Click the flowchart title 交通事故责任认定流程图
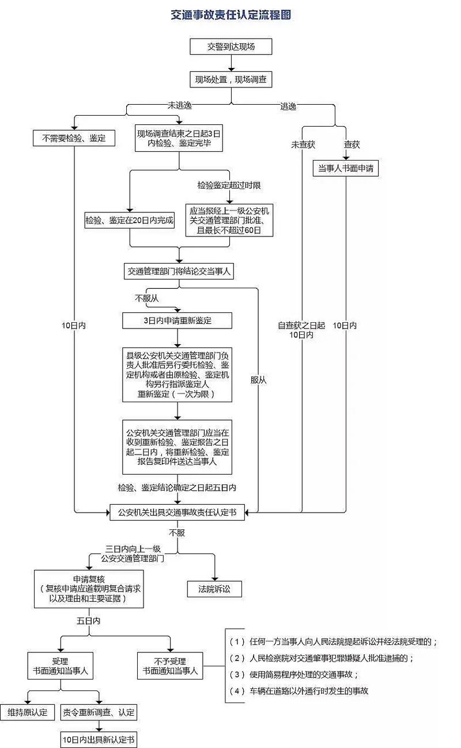(x=231, y=15)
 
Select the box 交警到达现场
(x=231, y=47)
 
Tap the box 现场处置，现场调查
(x=231, y=79)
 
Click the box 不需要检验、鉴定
(x=74, y=138)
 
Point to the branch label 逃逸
(x=288, y=106)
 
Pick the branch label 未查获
(x=303, y=144)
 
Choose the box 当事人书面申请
(x=345, y=169)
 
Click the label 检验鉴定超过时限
(x=229, y=185)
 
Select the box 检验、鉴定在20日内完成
(x=130, y=221)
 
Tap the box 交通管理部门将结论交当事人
(x=179, y=271)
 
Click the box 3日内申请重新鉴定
(x=177, y=320)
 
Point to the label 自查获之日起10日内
(x=301, y=330)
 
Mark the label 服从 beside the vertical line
(x=258, y=380)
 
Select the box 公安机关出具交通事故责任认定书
(x=177, y=512)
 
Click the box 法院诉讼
(x=214, y=589)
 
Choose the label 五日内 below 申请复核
(x=89, y=622)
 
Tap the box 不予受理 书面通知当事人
(x=170, y=666)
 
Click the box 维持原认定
(x=27, y=712)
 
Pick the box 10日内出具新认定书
(x=99, y=738)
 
